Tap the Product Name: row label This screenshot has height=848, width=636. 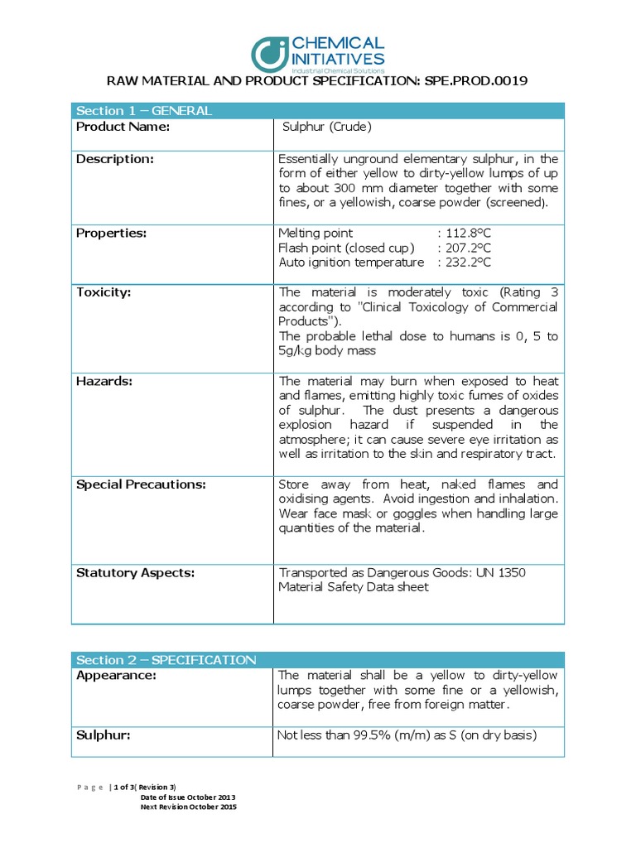tap(123, 127)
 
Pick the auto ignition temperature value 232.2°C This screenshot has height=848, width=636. tap(466, 263)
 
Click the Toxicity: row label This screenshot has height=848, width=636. tap(104, 292)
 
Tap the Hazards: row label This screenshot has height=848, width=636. tap(104, 381)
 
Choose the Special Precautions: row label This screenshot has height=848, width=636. tap(141, 484)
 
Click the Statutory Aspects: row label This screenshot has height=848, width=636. tap(136, 572)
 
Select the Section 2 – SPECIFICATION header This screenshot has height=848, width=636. tap(166, 660)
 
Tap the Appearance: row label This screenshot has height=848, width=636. tap(116, 676)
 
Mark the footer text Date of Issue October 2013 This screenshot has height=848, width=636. tap(188, 797)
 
